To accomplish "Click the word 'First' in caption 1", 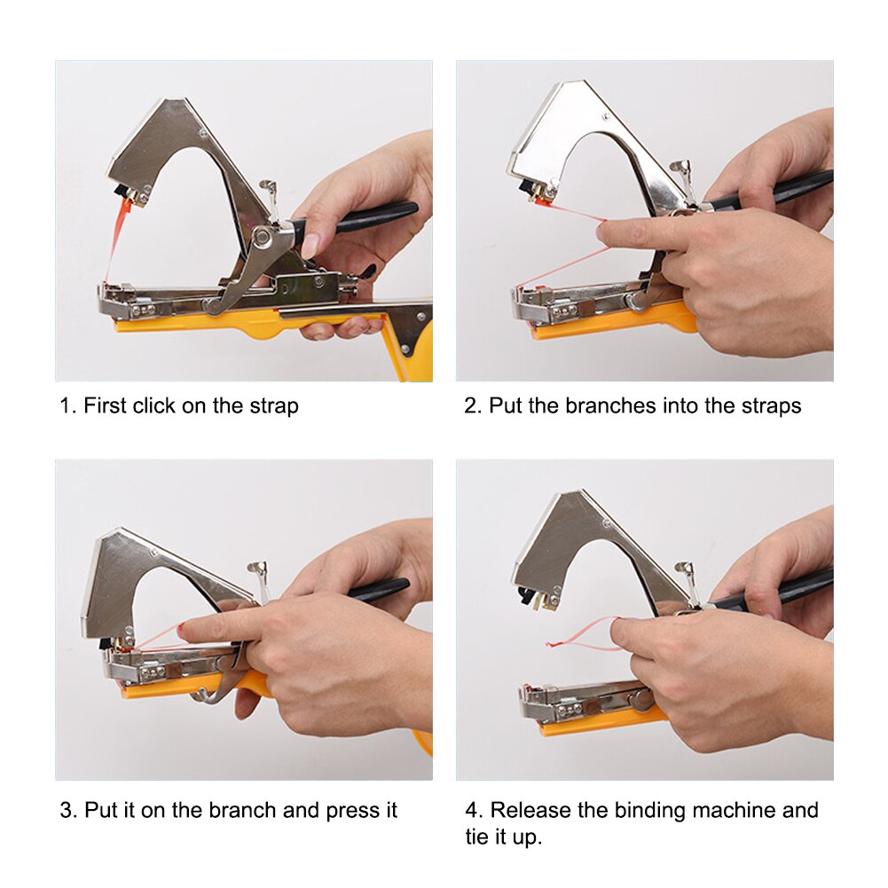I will coord(106,407).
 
